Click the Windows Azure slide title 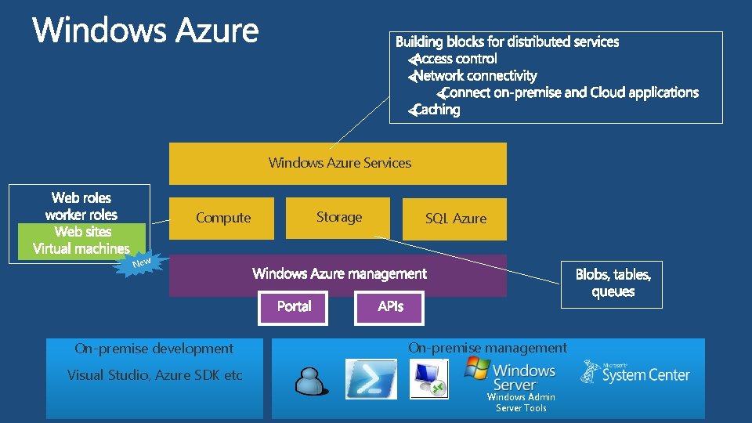pyautogui.click(x=146, y=31)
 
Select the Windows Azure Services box pyautogui.click(x=338, y=163)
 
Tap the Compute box pyautogui.click(x=222, y=219)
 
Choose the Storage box pyautogui.click(x=338, y=217)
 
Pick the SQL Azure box pyautogui.click(x=455, y=219)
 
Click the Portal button pyautogui.click(x=294, y=306)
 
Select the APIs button pyautogui.click(x=390, y=306)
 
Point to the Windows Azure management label pyautogui.click(x=339, y=273)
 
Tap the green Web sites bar pyautogui.click(x=82, y=232)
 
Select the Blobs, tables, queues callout pyautogui.click(x=612, y=284)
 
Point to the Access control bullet pyautogui.click(x=454, y=59)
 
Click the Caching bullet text pyautogui.click(x=436, y=110)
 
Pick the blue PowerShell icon pyautogui.click(x=371, y=379)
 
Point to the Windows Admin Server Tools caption pyautogui.click(x=521, y=403)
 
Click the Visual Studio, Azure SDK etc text pyautogui.click(x=155, y=375)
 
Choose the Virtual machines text pyautogui.click(x=81, y=249)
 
